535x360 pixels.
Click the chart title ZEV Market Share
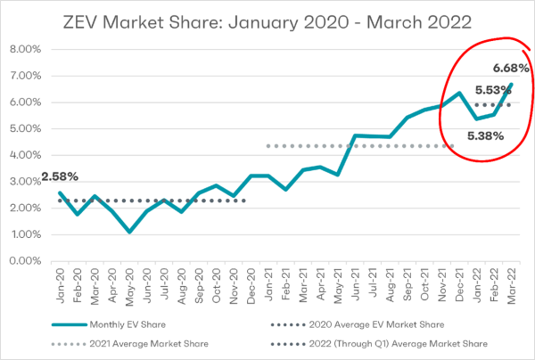[x=267, y=20]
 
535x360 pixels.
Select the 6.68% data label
[x=510, y=69]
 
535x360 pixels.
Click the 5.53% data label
[x=493, y=90]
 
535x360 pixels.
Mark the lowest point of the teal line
[x=130, y=232]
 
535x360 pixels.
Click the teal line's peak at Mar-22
[x=512, y=85]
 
